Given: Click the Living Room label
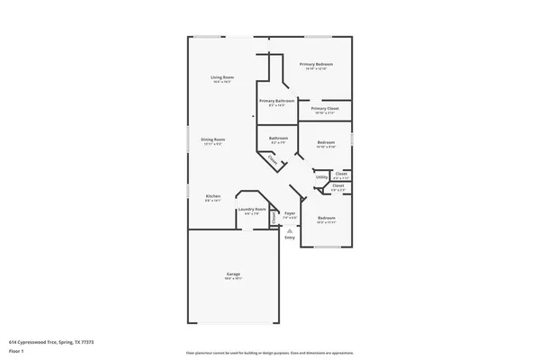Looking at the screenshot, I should (222, 77).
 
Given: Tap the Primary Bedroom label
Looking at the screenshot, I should (317, 64).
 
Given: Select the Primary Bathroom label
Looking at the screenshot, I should (277, 101).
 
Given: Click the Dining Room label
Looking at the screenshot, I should (212, 139).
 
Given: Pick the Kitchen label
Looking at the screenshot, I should (212, 195).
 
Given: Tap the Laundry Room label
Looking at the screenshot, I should (252, 210).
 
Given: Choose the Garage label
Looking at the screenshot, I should (233, 274).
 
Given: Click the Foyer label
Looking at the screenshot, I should (290, 213).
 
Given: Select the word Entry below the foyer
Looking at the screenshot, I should (289, 237).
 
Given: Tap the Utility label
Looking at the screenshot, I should (321, 177).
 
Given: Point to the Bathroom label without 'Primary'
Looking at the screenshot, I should (278, 138).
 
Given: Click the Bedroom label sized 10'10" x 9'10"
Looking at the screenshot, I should (326, 142).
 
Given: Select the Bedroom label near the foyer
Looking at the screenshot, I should (326, 218).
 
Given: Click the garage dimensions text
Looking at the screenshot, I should (233, 279).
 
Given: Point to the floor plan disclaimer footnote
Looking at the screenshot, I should (269, 353).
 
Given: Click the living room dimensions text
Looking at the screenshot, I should (222, 82).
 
